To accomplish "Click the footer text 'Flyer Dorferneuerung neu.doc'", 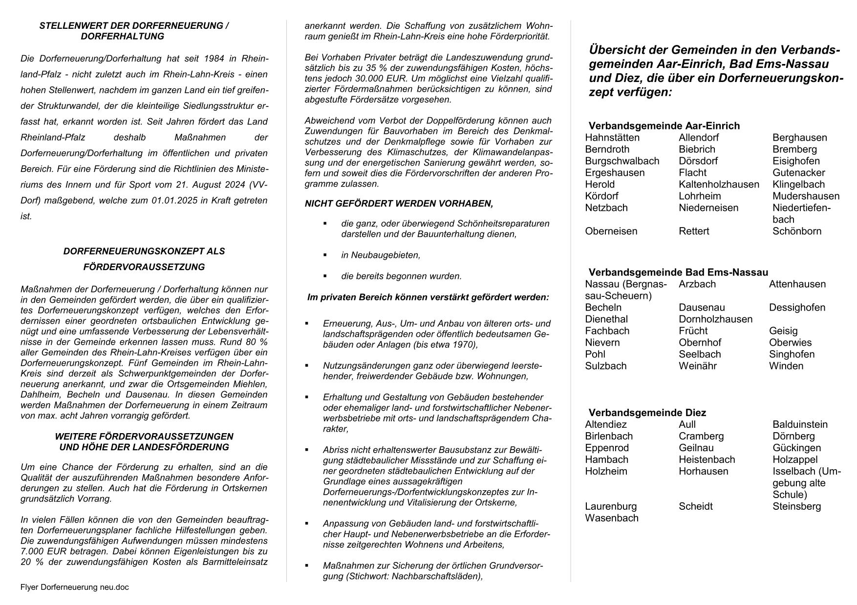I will (74, 587).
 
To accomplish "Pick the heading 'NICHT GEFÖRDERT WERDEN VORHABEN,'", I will (399, 204).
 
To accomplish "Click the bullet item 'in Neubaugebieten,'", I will (381, 255).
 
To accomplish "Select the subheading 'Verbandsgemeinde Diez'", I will (647, 413).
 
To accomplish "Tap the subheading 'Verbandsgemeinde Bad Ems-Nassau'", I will (678, 272).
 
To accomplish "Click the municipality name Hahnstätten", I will (612, 138).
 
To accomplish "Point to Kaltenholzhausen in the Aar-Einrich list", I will (719, 185).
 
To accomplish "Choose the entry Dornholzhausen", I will (715, 319).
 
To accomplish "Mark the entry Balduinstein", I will (800, 425).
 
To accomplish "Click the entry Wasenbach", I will (612, 518).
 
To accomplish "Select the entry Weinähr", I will (697, 366).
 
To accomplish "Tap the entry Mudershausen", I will (806, 196).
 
